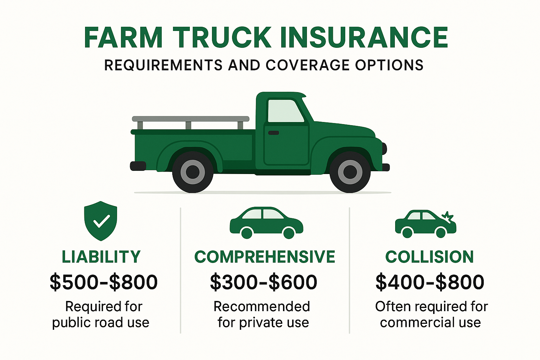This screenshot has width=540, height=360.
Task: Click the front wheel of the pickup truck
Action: pos(350,172)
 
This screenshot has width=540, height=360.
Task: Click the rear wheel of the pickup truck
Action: pos(193,172)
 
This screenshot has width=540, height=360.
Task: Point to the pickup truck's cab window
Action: pos(285,111)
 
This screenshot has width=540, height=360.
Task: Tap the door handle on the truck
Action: pos(274,133)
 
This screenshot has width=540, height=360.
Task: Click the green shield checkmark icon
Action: pos(101,221)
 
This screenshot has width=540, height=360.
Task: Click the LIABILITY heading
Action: pos(101,257)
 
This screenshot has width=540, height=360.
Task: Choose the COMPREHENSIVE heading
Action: pos(265,257)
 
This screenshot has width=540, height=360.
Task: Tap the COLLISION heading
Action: pos(430,257)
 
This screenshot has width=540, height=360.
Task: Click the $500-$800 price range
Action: pos(104,282)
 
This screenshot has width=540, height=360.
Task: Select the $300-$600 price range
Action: pos(264,282)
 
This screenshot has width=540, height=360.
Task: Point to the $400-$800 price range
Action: pos(430,282)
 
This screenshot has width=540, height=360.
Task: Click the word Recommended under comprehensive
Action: pos(262,307)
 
